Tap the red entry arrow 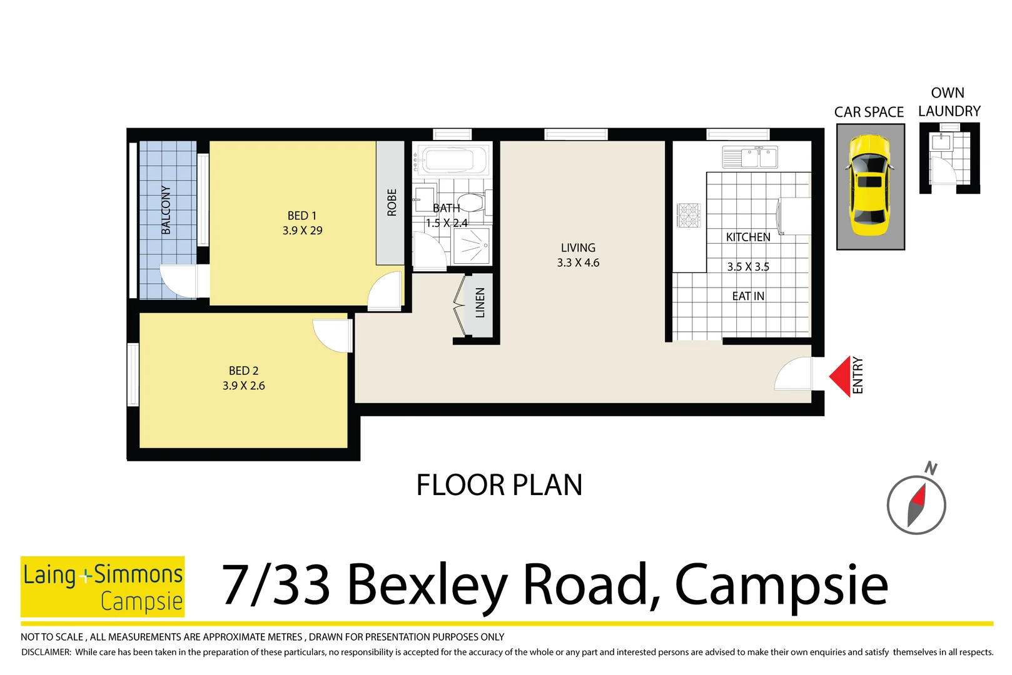click(x=841, y=376)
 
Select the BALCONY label click(x=166, y=210)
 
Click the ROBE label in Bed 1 click(x=392, y=202)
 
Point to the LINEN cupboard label click(x=480, y=302)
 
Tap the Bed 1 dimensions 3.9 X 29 click(x=302, y=231)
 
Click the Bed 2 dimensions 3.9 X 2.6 click(x=244, y=386)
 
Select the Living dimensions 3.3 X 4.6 click(x=578, y=263)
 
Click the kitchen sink click(x=750, y=157)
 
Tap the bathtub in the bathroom click(x=452, y=160)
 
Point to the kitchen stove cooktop click(x=689, y=215)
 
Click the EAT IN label click(x=748, y=296)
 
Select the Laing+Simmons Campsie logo click(x=103, y=586)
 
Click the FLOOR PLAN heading click(x=499, y=486)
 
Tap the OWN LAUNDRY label click(x=948, y=102)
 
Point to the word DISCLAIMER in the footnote click(x=46, y=652)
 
